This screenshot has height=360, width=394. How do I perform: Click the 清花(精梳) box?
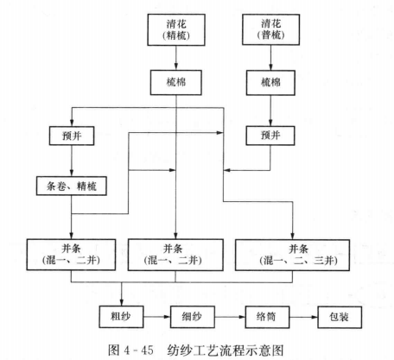pos(176,29)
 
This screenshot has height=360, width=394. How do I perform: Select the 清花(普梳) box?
pos(270,29)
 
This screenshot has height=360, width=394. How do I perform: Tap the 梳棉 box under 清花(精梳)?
pos(176,83)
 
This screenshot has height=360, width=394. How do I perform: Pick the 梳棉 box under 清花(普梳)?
pos(270,83)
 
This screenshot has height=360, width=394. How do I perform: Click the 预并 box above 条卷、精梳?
pos(72,136)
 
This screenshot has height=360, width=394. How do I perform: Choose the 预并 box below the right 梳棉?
pos(270,136)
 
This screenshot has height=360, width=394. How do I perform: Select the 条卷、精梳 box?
pos(72,186)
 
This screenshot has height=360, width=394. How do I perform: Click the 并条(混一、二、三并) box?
pos(292,255)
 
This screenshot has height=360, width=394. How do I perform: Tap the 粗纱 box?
pos(121,317)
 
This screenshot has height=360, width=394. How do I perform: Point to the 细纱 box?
pos(193,317)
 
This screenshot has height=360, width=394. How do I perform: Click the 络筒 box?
pos(267,317)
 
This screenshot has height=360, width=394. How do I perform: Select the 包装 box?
pos(340,317)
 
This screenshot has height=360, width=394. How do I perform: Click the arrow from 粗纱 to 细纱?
pos(157,317)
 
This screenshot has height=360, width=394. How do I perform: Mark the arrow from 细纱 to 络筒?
pos(230,317)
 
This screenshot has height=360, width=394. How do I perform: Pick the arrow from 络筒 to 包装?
pos(303,317)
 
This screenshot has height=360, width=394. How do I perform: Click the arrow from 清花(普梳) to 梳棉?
pos(270,58)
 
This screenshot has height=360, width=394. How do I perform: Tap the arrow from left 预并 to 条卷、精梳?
pos(72,161)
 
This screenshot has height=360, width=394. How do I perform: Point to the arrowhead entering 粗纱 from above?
pos(121,303)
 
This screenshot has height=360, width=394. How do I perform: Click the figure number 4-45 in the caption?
pos(138,351)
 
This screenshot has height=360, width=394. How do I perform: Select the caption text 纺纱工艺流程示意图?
pos(226,351)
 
